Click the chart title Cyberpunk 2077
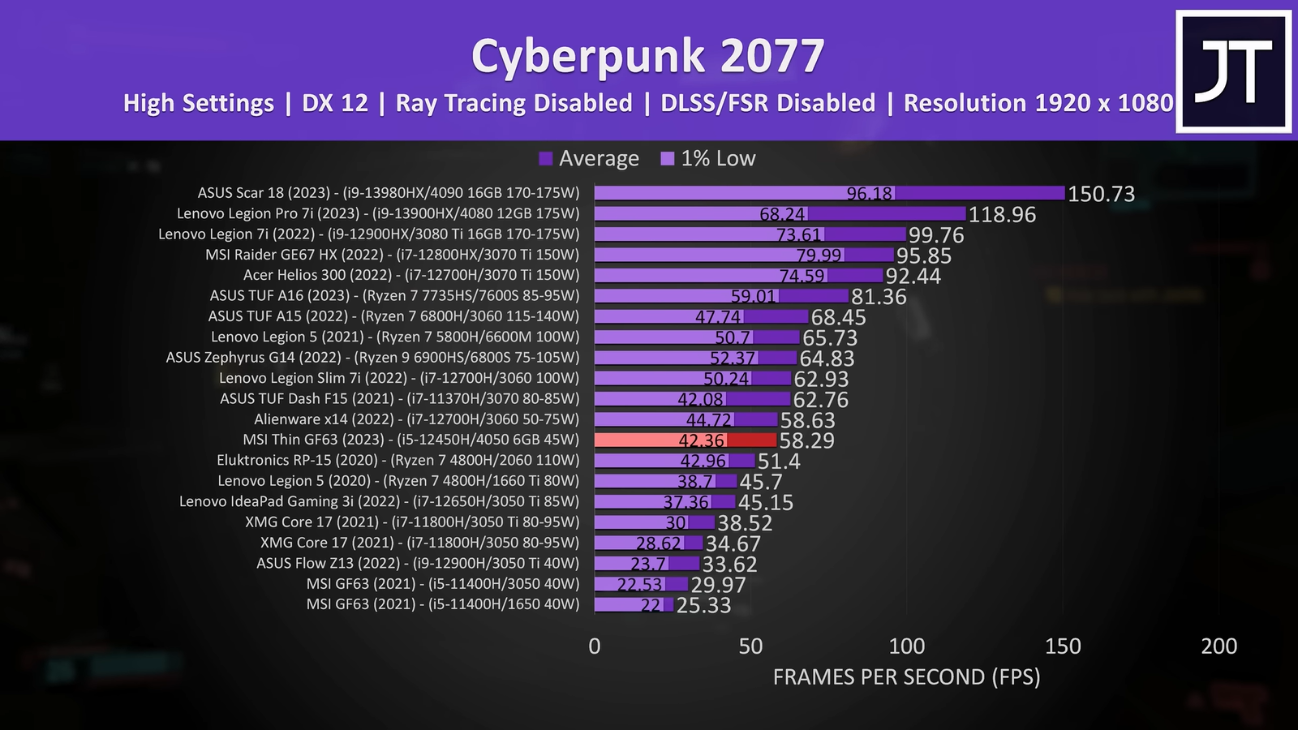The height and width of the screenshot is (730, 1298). click(647, 57)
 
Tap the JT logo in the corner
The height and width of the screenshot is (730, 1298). click(1233, 71)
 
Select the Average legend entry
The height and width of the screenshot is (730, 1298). click(590, 159)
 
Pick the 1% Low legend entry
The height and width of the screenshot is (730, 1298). click(708, 159)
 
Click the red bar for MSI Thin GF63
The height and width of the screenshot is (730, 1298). click(686, 440)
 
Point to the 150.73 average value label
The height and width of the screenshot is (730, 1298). click(1101, 194)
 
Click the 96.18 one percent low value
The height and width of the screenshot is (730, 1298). click(869, 194)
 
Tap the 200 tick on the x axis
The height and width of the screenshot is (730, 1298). click(1218, 646)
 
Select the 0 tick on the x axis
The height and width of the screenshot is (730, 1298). click(595, 646)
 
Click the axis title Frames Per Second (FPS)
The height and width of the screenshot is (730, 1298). click(906, 677)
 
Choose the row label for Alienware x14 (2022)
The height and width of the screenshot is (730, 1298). click(416, 419)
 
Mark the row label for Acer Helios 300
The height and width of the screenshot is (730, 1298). click(411, 275)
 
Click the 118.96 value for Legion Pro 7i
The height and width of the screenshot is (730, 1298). click(1002, 215)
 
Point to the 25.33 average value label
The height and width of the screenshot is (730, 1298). click(703, 606)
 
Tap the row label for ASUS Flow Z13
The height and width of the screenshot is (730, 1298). click(418, 563)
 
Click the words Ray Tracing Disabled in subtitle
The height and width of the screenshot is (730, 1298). click(514, 104)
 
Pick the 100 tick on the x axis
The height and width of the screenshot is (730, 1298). click(906, 646)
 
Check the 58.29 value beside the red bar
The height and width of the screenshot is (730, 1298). click(807, 441)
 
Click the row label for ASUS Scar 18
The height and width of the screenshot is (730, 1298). click(389, 193)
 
